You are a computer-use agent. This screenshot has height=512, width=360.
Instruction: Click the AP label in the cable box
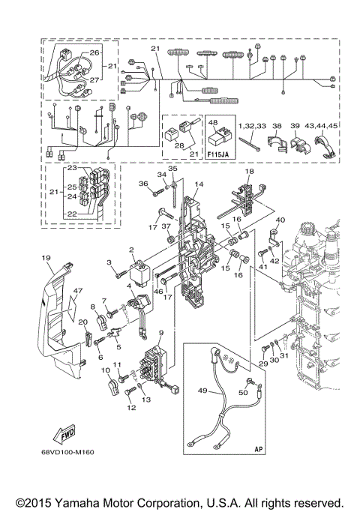(x=258, y=448)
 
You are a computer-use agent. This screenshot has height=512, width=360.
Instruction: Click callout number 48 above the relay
(x=213, y=122)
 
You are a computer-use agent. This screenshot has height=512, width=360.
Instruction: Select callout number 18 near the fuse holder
(x=250, y=172)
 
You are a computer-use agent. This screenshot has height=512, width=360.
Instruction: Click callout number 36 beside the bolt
(x=142, y=184)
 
